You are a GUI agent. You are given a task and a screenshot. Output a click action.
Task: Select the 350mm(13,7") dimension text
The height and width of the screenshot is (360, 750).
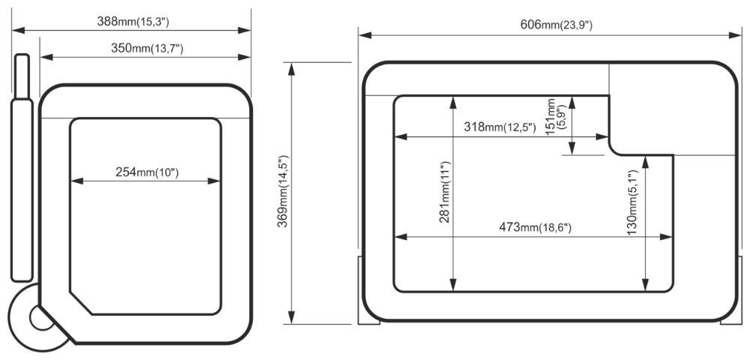[147, 48]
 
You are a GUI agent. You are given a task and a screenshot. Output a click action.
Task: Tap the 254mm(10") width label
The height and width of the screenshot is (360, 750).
[147, 172]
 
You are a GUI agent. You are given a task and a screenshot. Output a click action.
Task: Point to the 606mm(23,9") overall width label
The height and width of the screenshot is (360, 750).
[556, 25]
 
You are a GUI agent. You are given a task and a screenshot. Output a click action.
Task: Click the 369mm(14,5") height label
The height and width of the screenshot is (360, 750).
[283, 191]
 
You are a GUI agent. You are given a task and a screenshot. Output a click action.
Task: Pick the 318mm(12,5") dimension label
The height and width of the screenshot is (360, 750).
[499, 127]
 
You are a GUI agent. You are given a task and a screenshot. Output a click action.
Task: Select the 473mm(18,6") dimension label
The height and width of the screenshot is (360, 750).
[535, 227]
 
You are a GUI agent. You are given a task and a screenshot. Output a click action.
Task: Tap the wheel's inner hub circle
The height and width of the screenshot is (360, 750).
[41, 318]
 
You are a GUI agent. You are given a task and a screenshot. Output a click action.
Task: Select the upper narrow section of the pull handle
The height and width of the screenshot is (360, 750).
[22, 77]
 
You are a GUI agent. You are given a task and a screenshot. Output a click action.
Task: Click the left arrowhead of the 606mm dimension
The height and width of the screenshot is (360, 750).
[365, 35]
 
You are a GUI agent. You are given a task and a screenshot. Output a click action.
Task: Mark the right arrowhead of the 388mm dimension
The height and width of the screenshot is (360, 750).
[244, 30]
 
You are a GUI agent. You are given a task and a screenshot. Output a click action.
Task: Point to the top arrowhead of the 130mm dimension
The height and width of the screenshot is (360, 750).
[645, 162]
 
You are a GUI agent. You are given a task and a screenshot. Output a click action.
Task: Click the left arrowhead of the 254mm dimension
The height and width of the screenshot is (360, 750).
[77, 181]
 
